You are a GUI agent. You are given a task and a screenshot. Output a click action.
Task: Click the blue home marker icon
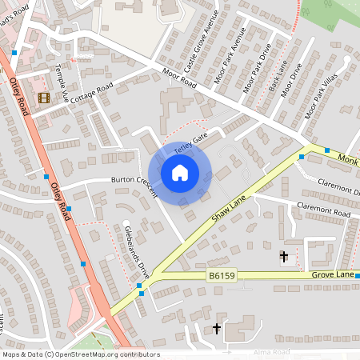click(x=180, y=172)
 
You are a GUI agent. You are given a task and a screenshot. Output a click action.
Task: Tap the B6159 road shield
click(x=222, y=276)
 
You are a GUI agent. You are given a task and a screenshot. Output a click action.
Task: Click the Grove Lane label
click(x=333, y=275)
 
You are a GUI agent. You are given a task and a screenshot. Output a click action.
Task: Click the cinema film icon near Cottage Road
click(x=42, y=98)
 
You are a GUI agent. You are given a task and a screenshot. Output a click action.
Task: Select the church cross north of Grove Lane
click(x=283, y=256)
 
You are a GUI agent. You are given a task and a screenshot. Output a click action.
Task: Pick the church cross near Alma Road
click(x=216, y=329)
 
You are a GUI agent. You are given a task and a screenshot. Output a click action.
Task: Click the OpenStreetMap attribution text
click(x=80, y=354)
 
